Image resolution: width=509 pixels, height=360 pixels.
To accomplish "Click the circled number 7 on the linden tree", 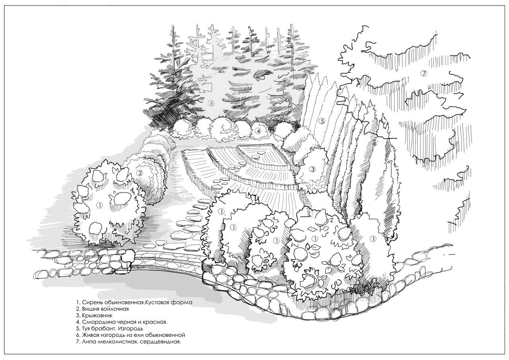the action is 424,74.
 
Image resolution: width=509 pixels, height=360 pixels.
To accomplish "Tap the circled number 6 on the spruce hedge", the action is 211,103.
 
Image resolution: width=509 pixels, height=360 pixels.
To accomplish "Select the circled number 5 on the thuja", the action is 322,121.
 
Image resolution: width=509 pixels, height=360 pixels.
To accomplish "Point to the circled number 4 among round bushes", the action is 258,131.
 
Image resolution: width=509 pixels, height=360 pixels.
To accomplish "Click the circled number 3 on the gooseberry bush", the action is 313,169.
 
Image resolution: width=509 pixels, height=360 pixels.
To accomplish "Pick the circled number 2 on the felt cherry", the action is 140,173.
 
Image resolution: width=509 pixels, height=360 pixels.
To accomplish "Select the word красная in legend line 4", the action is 157,322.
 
